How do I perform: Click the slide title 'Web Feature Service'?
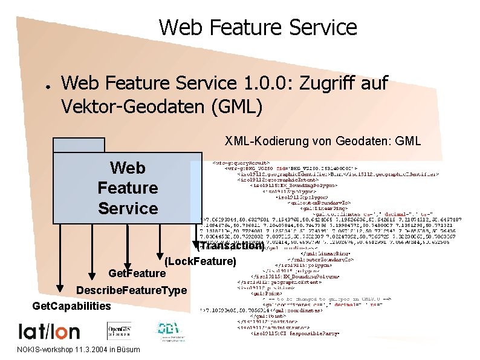coord(258,27)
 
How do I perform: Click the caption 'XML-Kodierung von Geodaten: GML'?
coord(323,142)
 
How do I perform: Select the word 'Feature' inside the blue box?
coord(128,188)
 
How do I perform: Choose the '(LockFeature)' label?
coord(199,261)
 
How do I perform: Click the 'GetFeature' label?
coord(136,274)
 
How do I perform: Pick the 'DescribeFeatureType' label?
coord(131,290)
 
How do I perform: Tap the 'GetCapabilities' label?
coord(71,306)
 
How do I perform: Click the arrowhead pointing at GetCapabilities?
coord(60,286)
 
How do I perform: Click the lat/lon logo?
coord(49,330)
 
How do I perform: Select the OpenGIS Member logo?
coord(120,331)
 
